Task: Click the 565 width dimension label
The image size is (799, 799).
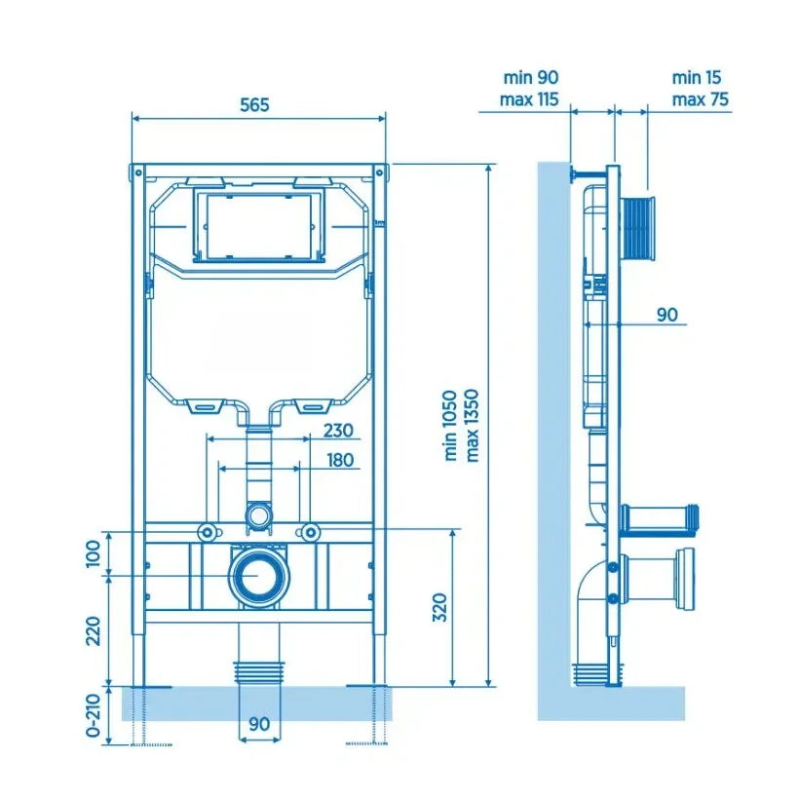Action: [x=254, y=104]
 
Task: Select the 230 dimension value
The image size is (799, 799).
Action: [x=338, y=431]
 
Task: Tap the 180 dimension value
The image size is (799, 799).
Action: [x=340, y=460]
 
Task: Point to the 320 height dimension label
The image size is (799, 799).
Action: [x=439, y=607]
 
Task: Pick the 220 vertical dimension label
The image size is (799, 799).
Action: [x=94, y=630]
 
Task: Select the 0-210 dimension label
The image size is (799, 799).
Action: [x=94, y=715]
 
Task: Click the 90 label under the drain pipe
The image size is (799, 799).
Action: [x=259, y=724]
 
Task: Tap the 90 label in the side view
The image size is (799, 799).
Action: [x=667, y=315]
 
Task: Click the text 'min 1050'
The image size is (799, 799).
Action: [x=450, y=426]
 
